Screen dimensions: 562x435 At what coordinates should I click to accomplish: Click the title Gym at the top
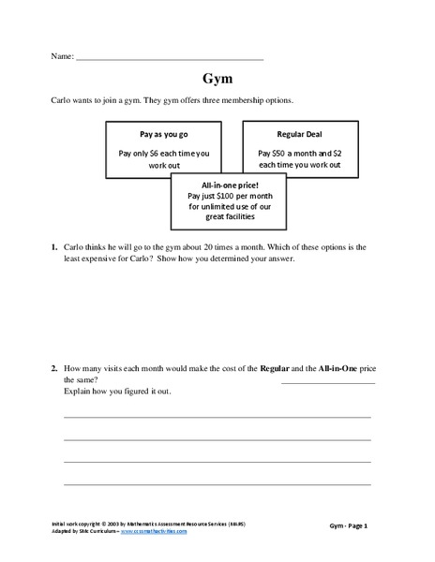pos(217,79)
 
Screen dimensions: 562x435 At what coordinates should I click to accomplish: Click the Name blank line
pos(170,59)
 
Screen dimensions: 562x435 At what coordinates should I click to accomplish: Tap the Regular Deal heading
pos(292,134)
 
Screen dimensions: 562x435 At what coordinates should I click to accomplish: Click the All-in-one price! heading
pos(224,185)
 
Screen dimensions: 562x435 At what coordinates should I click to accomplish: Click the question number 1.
pos(54,247)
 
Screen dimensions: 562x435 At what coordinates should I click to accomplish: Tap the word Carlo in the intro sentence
pos(63,99)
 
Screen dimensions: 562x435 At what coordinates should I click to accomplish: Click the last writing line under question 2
pos(217,484)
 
